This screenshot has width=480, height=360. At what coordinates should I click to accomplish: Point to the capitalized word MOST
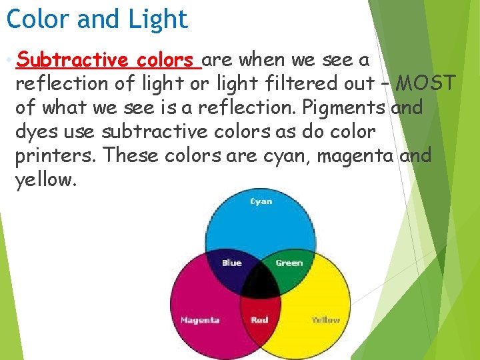click(427, 84)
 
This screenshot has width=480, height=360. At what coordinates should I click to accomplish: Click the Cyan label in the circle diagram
click(261, 201)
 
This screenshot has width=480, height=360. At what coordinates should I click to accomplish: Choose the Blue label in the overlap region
click(231, 263)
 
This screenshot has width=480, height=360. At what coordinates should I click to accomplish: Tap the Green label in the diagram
click(289, 263)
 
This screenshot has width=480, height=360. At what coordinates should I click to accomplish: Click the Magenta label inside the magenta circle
click(200, 320)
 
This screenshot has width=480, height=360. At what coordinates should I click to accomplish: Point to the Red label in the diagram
click(259, 320)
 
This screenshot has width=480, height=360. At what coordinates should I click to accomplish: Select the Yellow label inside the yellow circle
click(326, 320)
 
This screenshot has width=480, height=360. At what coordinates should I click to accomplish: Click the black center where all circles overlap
click(260, 284)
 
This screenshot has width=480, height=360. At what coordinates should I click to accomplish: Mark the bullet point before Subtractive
click(8, 61)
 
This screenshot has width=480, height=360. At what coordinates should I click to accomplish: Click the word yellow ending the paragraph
click(45, 180)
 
